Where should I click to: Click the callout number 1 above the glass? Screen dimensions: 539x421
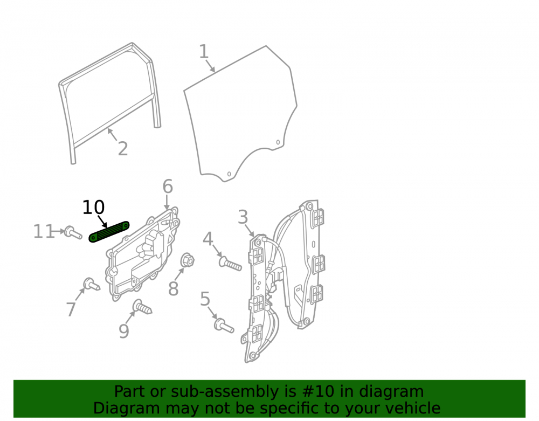click(x=204, y=52)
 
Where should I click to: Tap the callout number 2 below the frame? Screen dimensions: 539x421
click(x=123, y=149)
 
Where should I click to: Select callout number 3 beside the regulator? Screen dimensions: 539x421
click(x=243, y=217)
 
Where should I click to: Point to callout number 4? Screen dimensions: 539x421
click(x=208, y=239)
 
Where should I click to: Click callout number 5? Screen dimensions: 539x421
click(x=205, y=299)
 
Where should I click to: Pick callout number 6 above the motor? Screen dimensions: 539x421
click(x=168, y=187)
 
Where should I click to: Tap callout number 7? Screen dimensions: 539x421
click(x=71, y=309)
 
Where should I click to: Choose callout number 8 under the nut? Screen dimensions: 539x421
click(x=173, y=288)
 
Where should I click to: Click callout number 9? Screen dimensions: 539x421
click(x=124, y=331)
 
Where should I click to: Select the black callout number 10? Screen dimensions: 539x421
click(x=93, y=207)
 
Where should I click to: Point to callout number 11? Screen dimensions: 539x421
click(x=44, y=231)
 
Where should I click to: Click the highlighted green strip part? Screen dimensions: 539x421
click(x=109, y=232)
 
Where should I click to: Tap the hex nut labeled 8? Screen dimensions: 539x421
click(x=188, y=260)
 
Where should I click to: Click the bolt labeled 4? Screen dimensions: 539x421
click(x=230, y=264)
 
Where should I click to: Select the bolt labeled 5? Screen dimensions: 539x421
click(x=224, y=325)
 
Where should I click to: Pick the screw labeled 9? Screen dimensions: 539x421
click(x=142, y=307)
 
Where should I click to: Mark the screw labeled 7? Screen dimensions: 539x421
click(x=92, y=284)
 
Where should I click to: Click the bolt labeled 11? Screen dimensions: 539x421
click(x=73, y=232)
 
